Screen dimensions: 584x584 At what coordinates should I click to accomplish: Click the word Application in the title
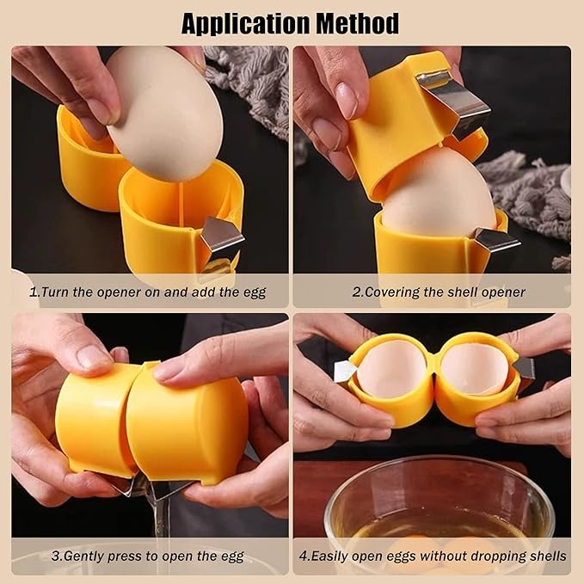pos(246,24)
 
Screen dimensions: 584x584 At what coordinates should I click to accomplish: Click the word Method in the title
pos(358,24)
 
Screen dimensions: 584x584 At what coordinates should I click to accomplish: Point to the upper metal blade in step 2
pos(454,102)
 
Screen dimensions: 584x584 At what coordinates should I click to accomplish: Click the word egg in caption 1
pos(255,292)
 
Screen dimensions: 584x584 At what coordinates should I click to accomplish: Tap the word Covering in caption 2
pos(391,292)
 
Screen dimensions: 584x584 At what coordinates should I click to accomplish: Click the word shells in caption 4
pos(546,556)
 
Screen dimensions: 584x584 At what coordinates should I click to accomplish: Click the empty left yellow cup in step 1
pos(90,160)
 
